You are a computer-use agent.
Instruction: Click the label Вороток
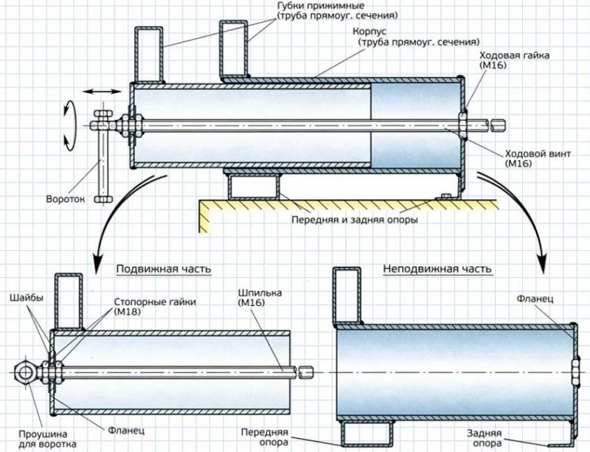66,198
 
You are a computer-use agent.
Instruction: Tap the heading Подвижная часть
164,269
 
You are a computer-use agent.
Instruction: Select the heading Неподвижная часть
437,268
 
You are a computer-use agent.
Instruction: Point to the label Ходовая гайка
514,55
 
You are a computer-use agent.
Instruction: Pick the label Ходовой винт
538,153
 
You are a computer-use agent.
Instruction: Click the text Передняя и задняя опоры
355,219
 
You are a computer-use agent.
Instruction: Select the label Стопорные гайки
155,302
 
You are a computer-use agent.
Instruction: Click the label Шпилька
260,293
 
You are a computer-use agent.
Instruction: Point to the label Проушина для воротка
43,439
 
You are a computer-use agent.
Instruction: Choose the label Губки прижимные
320,7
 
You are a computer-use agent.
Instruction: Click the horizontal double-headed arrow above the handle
102,91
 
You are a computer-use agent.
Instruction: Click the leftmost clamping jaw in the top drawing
149,55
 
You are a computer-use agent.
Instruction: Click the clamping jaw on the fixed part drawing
347,296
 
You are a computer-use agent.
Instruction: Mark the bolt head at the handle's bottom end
103,199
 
